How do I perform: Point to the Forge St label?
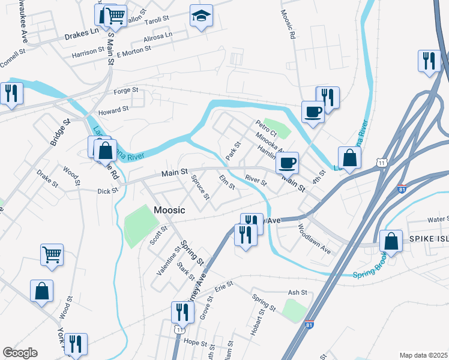click(126, 91)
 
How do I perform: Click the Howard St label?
click(113, 110)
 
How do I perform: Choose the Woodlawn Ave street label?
click(315, 238)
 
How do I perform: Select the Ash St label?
click(297, 292)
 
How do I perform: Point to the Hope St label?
click(195, 343)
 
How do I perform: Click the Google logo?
click(20, 353)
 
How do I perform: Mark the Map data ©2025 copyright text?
click(423, 355)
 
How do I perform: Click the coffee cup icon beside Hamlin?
click(288, 161)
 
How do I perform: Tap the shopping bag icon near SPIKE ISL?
click(391, 241)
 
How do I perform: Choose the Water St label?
click(438, 220)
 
